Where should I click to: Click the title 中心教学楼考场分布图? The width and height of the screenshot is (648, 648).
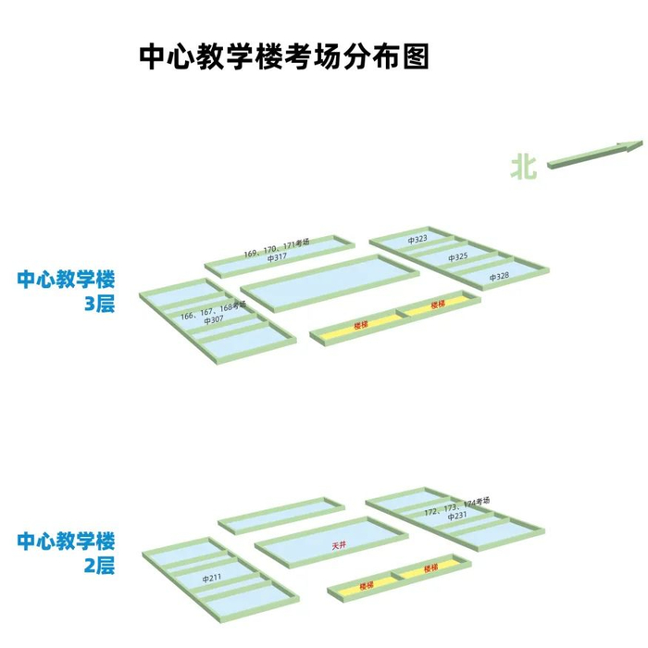pos(284,56)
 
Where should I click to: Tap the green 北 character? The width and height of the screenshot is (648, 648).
pos(523,166)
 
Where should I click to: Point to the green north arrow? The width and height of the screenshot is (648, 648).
pos(594,155)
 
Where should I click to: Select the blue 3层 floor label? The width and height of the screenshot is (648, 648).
pos(100,303)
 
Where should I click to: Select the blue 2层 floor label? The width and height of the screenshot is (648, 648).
pos(100,565)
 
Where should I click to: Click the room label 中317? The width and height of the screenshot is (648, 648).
pos(277,258)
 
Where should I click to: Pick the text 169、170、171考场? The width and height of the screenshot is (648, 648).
pos(277,247)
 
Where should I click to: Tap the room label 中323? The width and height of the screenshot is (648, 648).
pos(417,240)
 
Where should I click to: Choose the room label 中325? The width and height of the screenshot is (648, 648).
pos(457,257)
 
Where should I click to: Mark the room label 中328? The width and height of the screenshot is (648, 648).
pos(499,277)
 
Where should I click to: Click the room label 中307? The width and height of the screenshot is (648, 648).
pos(214,320)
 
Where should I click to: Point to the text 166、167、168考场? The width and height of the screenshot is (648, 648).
pos(214,310)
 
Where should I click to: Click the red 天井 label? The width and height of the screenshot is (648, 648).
pos(340,545)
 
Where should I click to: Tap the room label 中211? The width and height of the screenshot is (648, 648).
pos(212,579)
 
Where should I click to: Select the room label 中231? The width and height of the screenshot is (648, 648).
pos(457,517)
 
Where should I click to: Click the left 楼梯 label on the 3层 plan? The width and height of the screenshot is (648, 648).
pos(362,326)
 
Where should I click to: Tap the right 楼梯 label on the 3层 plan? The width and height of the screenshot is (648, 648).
pos(438,305)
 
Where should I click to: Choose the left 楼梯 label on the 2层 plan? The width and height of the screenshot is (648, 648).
pos(367,585)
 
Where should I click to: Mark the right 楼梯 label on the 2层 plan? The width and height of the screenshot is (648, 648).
pos(430,567)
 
